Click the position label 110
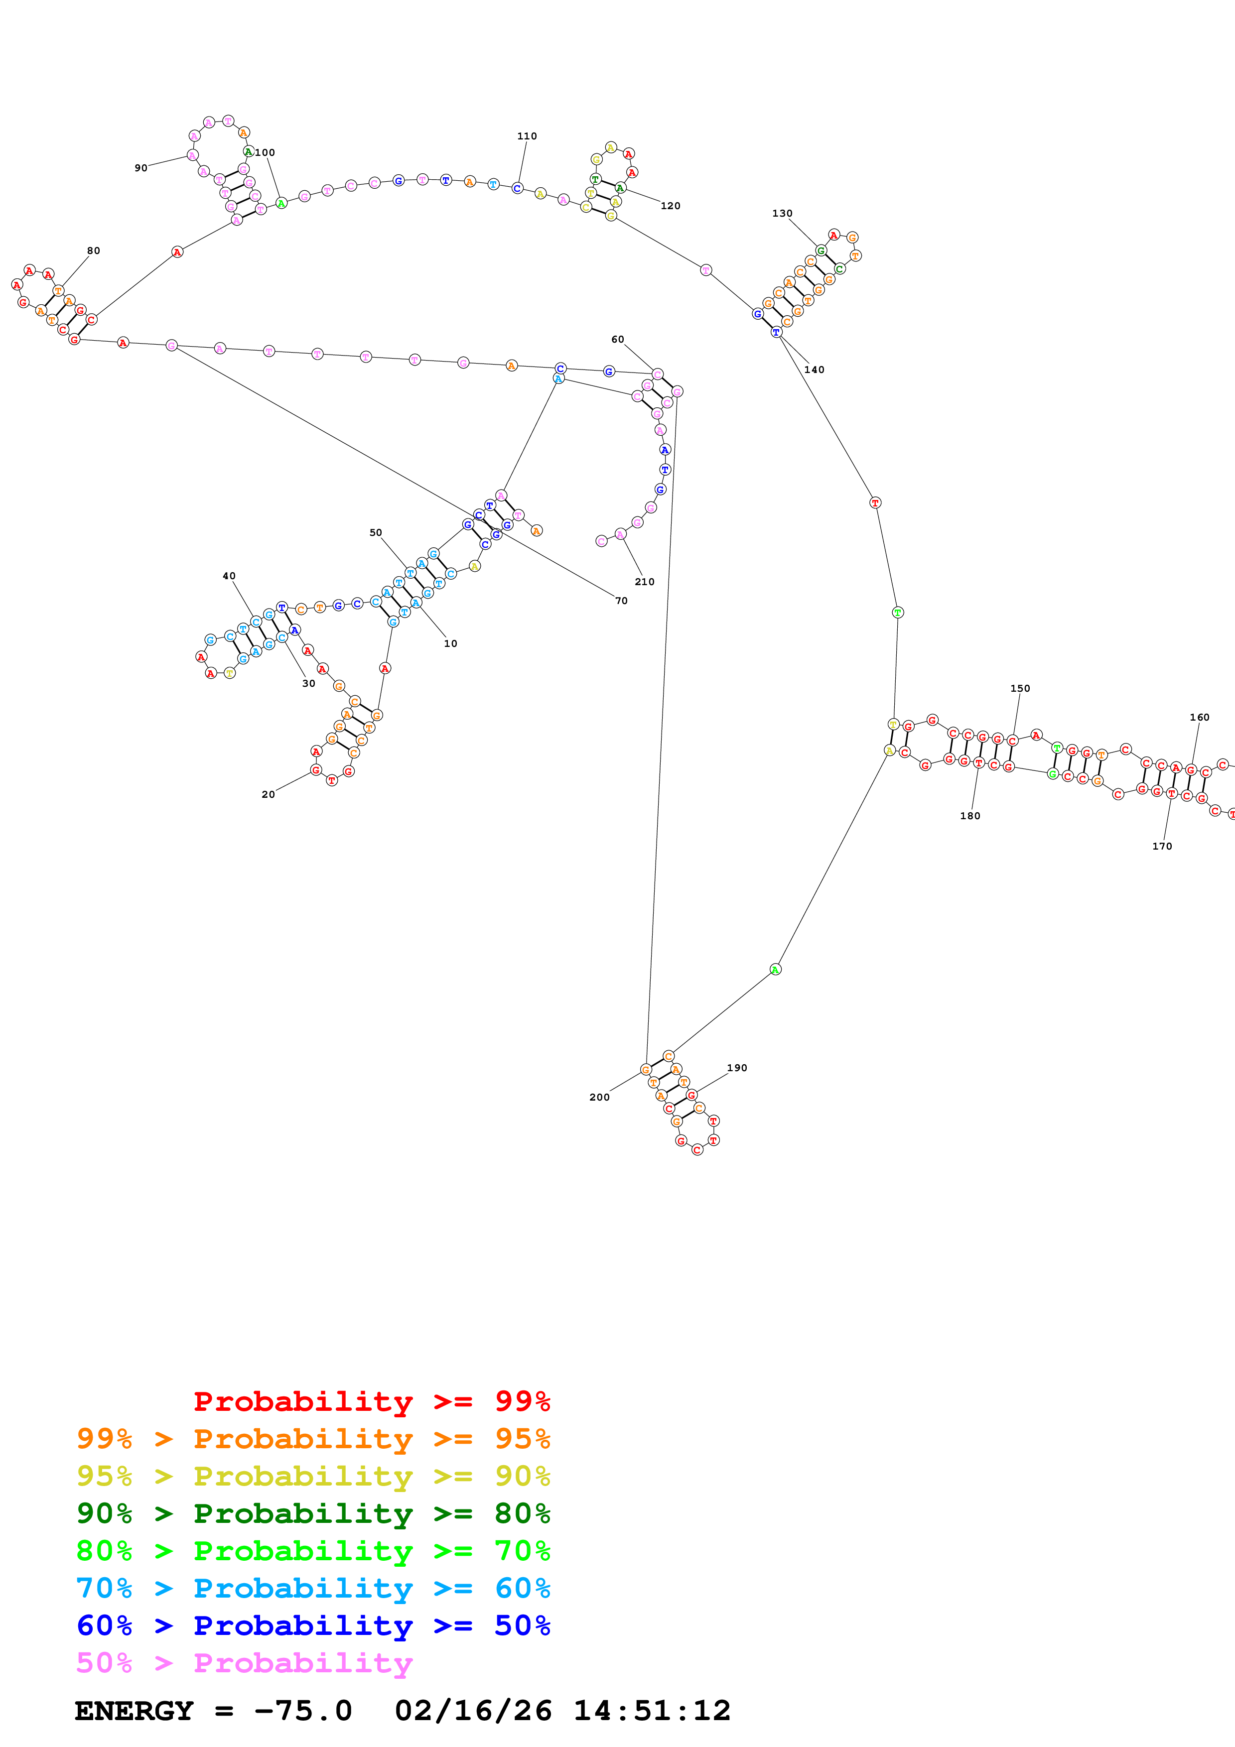coord(527,136)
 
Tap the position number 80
coord(93,250)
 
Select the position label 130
coord(782,213)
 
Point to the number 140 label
coord(814,370)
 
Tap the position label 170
coord(1162,846)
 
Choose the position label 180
coord(970,816)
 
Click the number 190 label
coord(737,1068)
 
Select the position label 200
coord(600,1097)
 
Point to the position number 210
coord(645,582)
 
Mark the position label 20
coord(268,794)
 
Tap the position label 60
coord(618,339)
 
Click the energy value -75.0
coord(303,1711)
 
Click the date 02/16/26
coord(473,1711)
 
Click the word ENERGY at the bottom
coord(134,1711)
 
